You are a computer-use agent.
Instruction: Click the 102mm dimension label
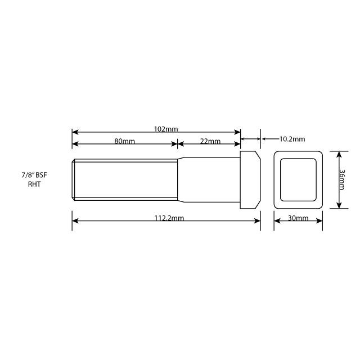tap(165, 129)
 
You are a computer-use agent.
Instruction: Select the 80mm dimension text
tap(124, 141)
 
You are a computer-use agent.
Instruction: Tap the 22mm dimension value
tap(210, 141)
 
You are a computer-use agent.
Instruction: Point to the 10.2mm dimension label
tap(291, 139)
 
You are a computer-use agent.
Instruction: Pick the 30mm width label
tap(298, 218)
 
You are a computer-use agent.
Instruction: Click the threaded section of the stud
tap(124, 180)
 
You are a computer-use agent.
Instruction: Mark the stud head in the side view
tap(250, 180)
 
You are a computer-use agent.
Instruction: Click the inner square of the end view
tap(298, 180)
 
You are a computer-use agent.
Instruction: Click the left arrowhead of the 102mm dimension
tap(75, 132)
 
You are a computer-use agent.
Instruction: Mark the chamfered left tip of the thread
tap(74, 180)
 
